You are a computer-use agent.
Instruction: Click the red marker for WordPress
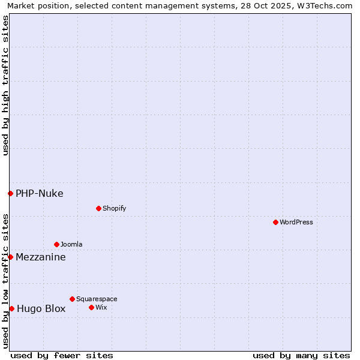[275, 222]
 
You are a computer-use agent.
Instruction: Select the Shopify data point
[98, 208]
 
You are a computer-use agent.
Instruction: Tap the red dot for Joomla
[56, 244]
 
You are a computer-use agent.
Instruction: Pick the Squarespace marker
[72, 299]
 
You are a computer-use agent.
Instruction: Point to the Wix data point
[91, 307]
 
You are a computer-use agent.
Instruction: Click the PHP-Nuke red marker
[10, 193]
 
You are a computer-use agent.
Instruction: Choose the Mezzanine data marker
[10, 257]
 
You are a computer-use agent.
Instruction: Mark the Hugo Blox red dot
[11, 308]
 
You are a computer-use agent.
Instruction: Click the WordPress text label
[296, 222]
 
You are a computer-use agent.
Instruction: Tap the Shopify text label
[115, 208]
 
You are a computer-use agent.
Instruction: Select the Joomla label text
[71, 244]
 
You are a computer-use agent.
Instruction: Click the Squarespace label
[97, 299]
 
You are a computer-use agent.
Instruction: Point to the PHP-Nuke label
[40, 193]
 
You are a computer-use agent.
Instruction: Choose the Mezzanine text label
[41, 257]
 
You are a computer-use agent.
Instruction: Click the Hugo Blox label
[41, 309]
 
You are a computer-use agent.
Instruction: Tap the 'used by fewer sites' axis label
[62, 355]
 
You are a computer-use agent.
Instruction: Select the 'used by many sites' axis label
[301, 355]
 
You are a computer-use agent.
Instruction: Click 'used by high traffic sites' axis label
[5, 85]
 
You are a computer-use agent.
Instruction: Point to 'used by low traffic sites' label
[5, 281]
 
